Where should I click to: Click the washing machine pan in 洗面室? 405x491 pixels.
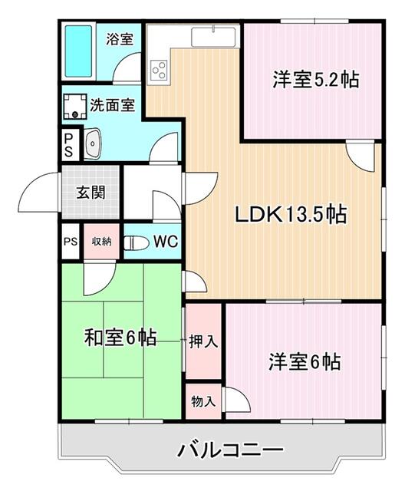77,106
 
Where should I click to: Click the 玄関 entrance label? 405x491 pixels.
91,191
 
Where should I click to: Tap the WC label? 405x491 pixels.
165,242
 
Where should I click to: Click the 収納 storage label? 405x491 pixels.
101,242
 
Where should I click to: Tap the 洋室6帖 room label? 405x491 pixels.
305,361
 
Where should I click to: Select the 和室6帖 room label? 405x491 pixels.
120,337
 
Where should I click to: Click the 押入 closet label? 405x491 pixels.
203,341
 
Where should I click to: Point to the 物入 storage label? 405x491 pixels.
203,400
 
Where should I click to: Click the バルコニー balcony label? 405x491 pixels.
221,450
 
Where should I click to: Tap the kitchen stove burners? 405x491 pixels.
160,71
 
